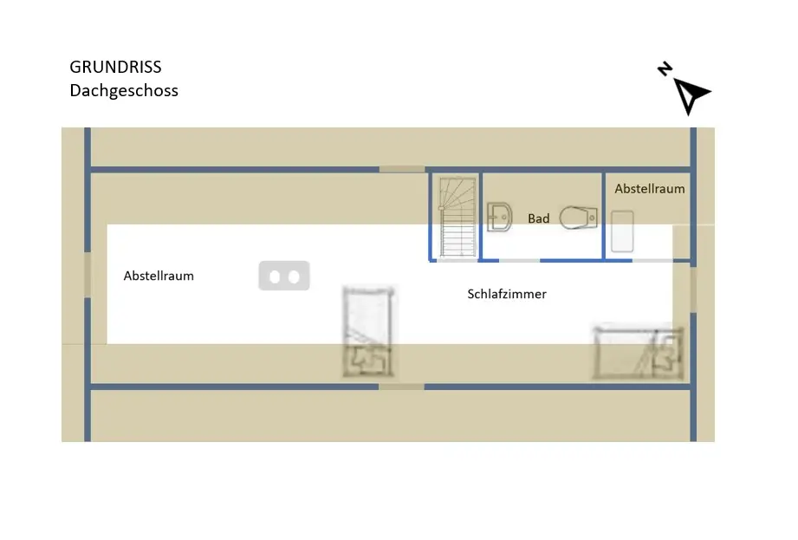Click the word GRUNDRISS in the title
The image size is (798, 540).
pyautogui.click(x=115, y=68)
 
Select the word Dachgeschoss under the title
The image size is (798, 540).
pyautogui.click(x=124, y=90)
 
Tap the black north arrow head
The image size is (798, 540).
pyautogui.click(x=691, y=94)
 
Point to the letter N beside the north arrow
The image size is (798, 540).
pyautogui.click(x=665, y=69)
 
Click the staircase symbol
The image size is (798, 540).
pyautogui.click(x=457, y=216)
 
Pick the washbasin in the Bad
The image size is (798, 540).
pyautogui.click(x=497, y=218)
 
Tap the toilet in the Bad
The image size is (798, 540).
pyautogui.click(x=578, y=217)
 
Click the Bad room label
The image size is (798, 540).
pyautogui.click(x=539, y=218)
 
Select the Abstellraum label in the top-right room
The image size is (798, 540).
pyautogui.click(x=650, y=188)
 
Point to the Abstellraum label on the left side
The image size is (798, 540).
pyautogui.click(x=159, y=276)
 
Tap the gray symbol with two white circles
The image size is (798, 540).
pyautogui.click(x=284, y=277)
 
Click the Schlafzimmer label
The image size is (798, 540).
pyautogui.click(x=507, y=294)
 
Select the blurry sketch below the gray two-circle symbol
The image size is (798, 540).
pyautogui.click(x=368, y=332)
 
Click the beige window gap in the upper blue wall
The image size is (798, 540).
pyautogui.click(x=402, y=168)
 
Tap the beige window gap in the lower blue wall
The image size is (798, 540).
pyautogui.click(x=402, y=386)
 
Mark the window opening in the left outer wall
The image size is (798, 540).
pyautogui.click(x=88, y=275)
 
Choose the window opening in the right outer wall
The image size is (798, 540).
pyautogui.click(x=692, y=289)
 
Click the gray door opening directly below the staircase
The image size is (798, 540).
pyautogui.click(x=455, y=260)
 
